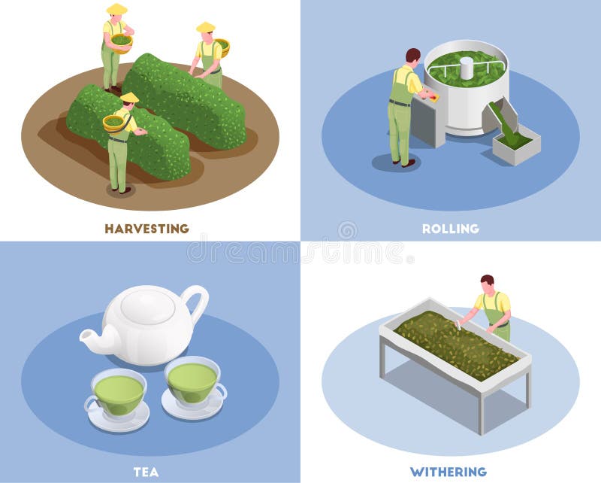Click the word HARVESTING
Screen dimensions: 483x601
click(x=146, y=228)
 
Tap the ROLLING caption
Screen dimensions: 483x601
click(x=451, y=228)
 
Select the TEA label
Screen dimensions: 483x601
click(x=146, y=472)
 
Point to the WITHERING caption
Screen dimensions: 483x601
click(x=448, y=472)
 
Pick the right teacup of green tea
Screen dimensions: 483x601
click(x=192, y=382)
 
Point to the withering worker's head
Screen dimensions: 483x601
click(x=488, y=284)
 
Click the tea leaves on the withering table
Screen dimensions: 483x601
click(x=455, y=342)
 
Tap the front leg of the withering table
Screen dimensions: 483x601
click(x=481, y=410)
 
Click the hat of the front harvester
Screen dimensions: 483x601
click(x=129, y=97)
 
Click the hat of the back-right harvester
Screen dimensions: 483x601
click(x=205, y=28)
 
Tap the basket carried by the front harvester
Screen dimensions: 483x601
click(x=114, y=122)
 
